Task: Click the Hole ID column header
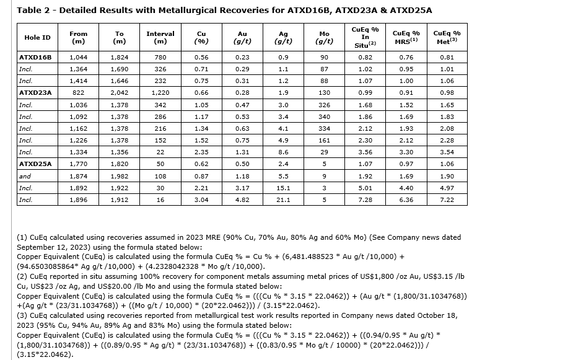(37, 37)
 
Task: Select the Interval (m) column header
(160, 37)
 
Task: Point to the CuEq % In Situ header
(365, 37)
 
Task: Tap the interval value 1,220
(160, 92)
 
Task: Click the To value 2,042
(120, 92)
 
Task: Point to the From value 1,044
(79, 57)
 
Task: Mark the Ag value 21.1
(283, 200)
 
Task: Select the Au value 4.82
(242, 200)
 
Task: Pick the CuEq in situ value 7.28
(365, 200)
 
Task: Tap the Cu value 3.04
(201, 200)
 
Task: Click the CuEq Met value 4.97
(447, 188)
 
